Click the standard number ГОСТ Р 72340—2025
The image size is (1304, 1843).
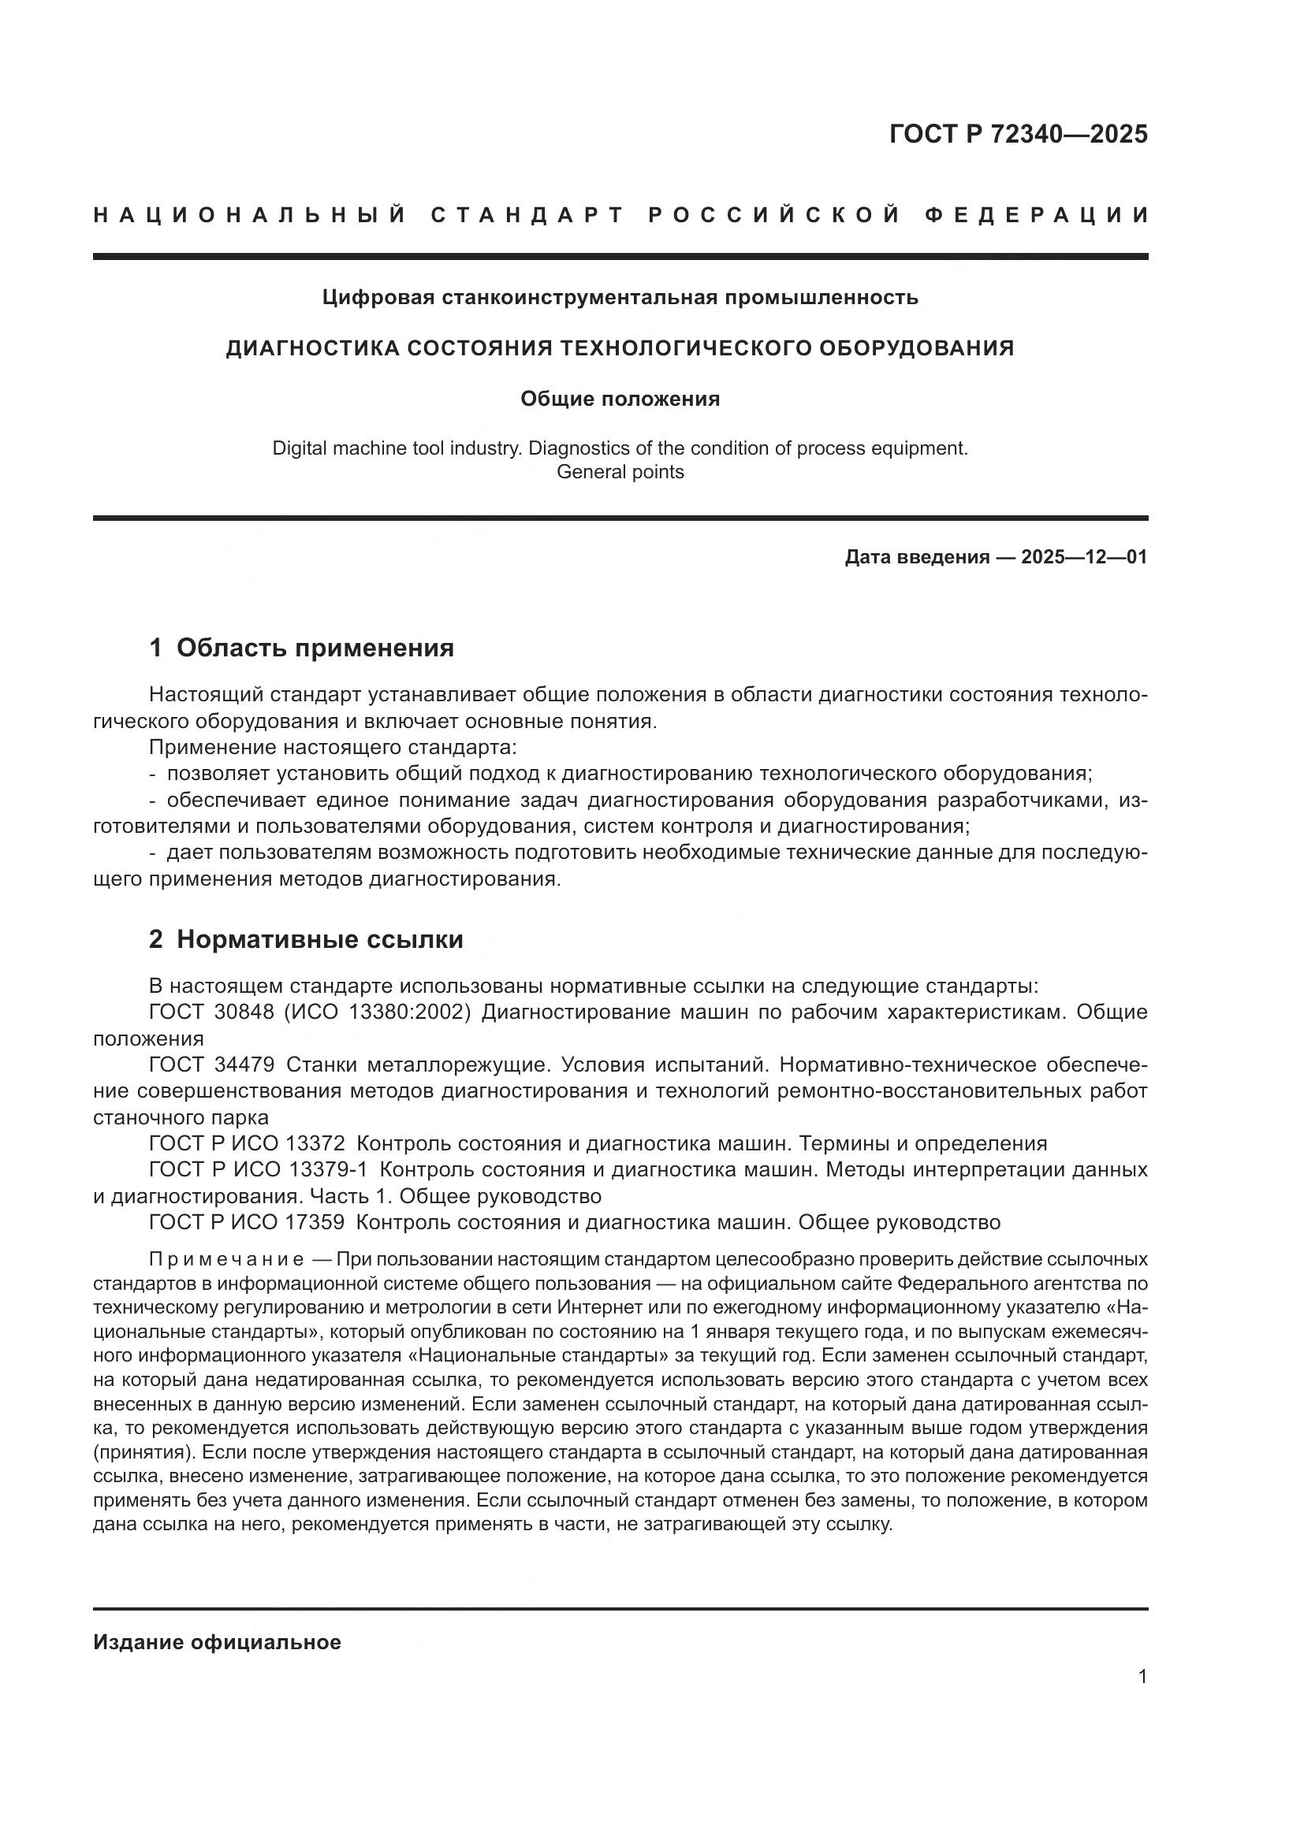click(1018, 134)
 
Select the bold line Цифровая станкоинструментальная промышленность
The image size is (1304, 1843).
click(620, 298)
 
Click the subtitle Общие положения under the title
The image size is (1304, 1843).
click(620, 399)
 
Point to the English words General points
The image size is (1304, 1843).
click(620, 472)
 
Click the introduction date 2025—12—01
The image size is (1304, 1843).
click(1084, 557)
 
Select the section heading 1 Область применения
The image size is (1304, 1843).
click(301, 648)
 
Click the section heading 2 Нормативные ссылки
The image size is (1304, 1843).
click(306, 939)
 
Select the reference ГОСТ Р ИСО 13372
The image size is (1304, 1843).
click(248, 1144)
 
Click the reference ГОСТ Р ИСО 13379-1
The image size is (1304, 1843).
click(258, 1170)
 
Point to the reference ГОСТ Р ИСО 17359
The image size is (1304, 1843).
click(248, 1223)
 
